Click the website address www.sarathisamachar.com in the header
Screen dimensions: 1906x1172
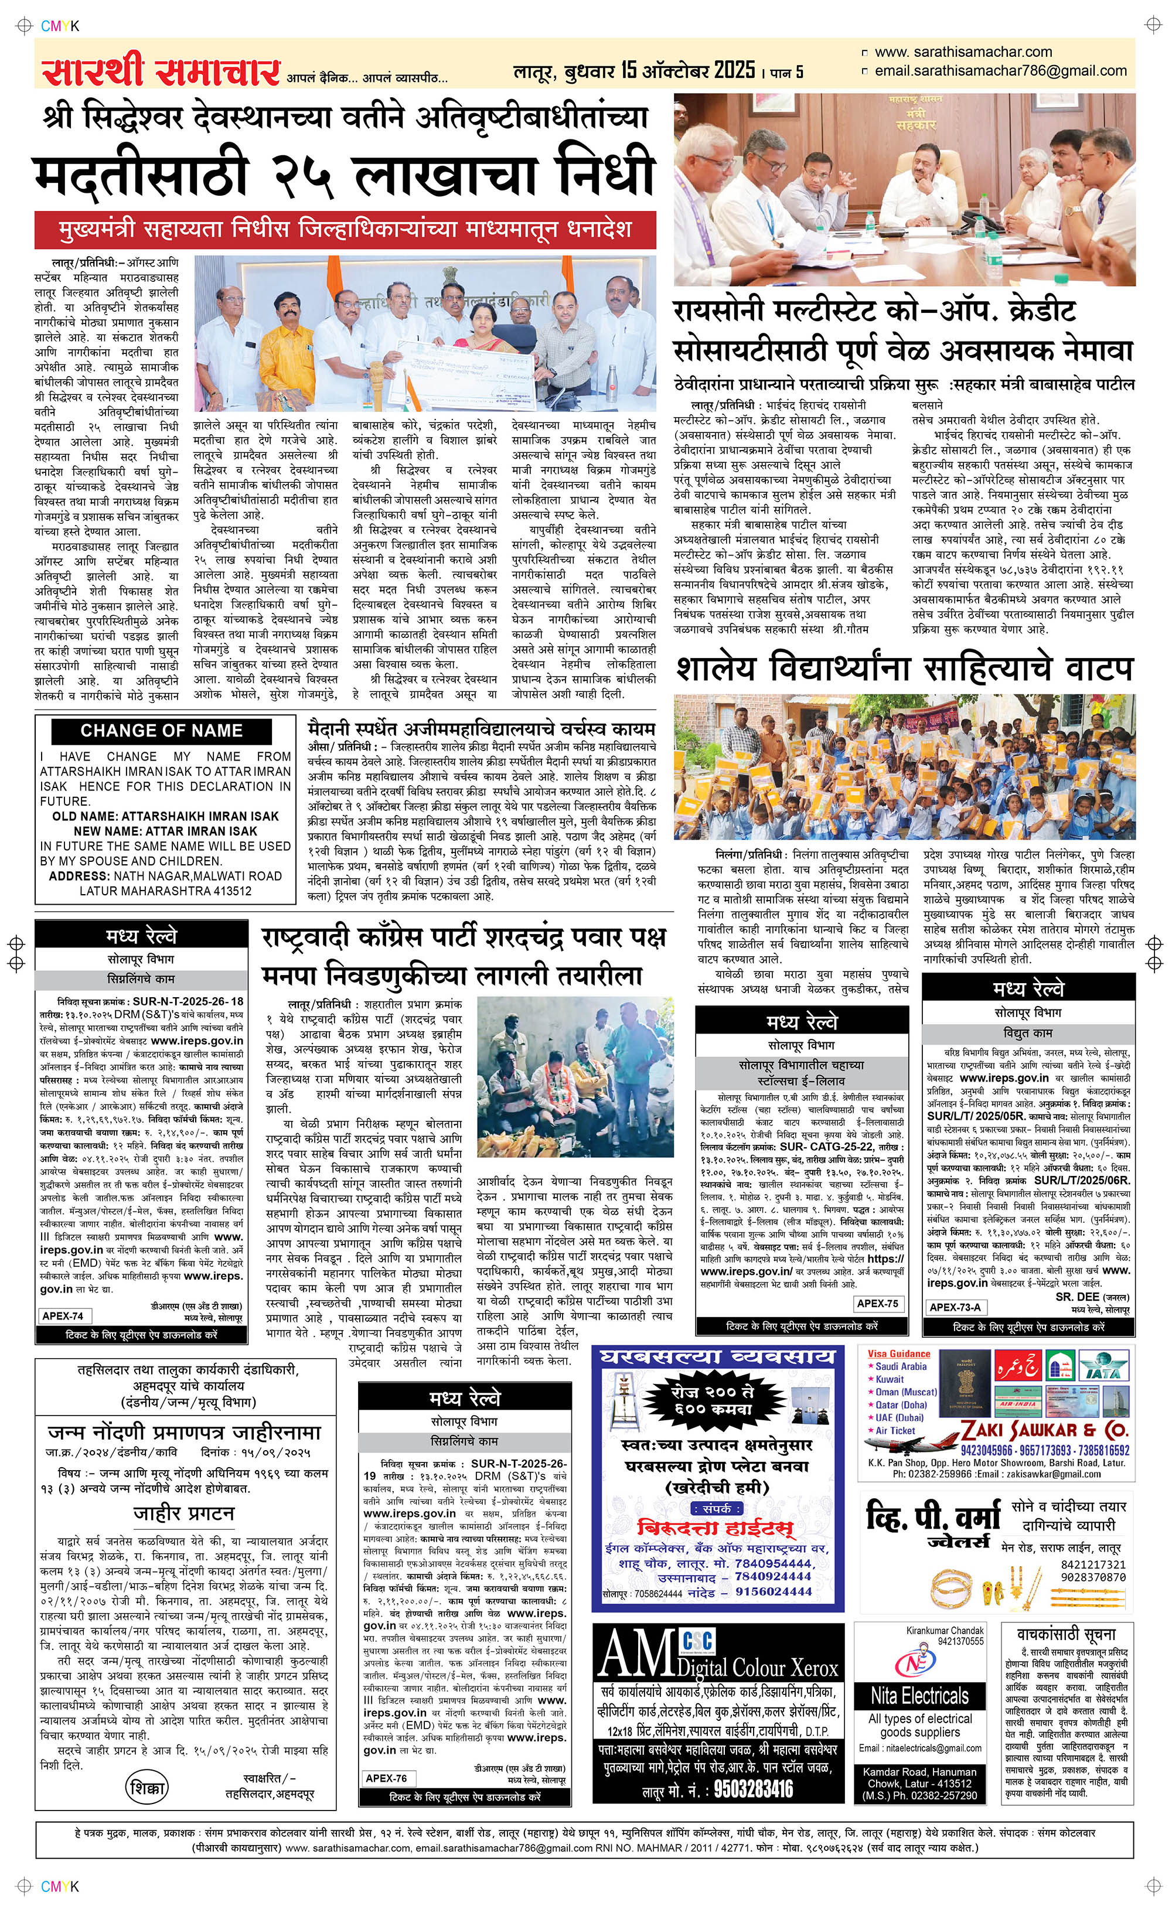[963, 52]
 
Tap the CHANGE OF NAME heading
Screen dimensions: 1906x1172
[161, 731]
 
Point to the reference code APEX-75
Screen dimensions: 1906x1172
[878, 1303]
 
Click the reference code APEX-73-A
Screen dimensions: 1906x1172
[955, 1307]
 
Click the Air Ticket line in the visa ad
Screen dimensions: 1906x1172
[895, 1430]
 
